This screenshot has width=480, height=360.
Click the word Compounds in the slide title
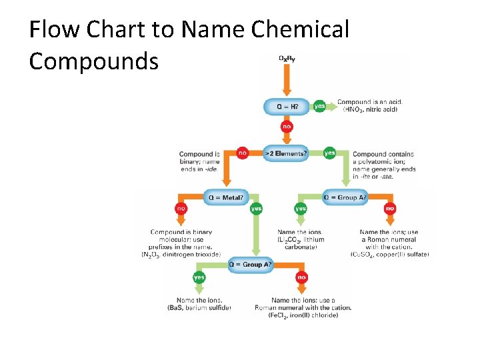click(94, 61)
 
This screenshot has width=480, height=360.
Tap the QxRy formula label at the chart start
click(287, 58)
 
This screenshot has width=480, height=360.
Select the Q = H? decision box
click(287, 105)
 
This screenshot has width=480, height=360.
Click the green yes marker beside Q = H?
click(320, 105)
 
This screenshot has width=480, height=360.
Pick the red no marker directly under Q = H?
click(287, 126)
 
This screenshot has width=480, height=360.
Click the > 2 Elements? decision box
click(287, 153)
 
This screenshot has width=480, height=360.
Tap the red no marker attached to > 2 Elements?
click(243, 153)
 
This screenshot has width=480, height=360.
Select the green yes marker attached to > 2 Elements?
click(329, 153)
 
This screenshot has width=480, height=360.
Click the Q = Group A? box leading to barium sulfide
click(250, 265)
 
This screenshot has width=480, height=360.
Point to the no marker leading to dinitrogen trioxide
click(181, 209)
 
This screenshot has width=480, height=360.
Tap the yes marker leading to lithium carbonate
click(301, 209)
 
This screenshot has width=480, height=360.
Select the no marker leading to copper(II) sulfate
click(390, 209)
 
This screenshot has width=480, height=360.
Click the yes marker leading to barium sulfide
click(199, 277)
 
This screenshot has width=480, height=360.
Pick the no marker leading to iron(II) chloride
click(302, 277)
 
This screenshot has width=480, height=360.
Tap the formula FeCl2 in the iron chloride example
click(279, 315)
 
